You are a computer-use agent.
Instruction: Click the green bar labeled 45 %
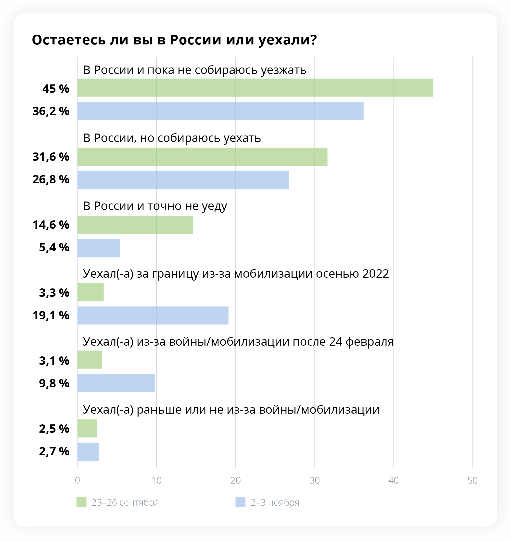pos(255,88)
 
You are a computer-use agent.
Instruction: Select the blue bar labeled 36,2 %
pos(220,111)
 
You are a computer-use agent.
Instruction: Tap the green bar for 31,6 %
pos(202,157)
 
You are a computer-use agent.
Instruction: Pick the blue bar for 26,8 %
pos(183,180)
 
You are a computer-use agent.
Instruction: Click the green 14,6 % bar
pos(135,225)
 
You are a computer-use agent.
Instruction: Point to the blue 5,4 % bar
pos(99,248)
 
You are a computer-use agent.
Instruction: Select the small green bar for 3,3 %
pos(90,292)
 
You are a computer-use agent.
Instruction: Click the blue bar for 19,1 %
pos(153,315)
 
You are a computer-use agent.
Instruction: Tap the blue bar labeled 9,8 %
pos(116,383)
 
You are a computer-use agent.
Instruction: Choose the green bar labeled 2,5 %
pos(87,428)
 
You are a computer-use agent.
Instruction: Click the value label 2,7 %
pos(54,451)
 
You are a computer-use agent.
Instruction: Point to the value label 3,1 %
pos(54,361)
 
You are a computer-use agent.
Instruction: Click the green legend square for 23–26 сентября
pos(81,502)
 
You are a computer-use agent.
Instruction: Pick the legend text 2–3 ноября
pos(275,502)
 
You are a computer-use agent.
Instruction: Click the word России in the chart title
pos(196,40)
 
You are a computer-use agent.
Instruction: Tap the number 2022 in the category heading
pos(375,273)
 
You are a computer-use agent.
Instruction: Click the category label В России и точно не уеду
pos(155,206)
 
